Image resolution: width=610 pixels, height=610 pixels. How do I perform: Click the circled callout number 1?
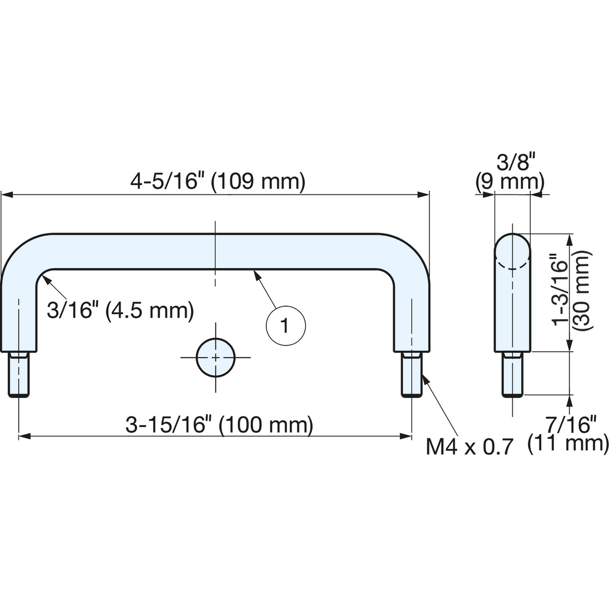(x=286, y=326)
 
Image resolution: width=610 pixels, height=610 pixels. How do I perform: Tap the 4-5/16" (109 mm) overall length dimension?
(x=218, y=182)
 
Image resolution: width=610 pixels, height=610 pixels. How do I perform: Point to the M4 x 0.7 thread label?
(x=470, y=447)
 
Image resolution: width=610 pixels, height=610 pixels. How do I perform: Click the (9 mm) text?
(x=510, y=182)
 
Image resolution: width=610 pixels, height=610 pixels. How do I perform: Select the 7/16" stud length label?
(x=572, y=424)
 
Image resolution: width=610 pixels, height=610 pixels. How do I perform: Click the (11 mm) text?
(x=568, y=444)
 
